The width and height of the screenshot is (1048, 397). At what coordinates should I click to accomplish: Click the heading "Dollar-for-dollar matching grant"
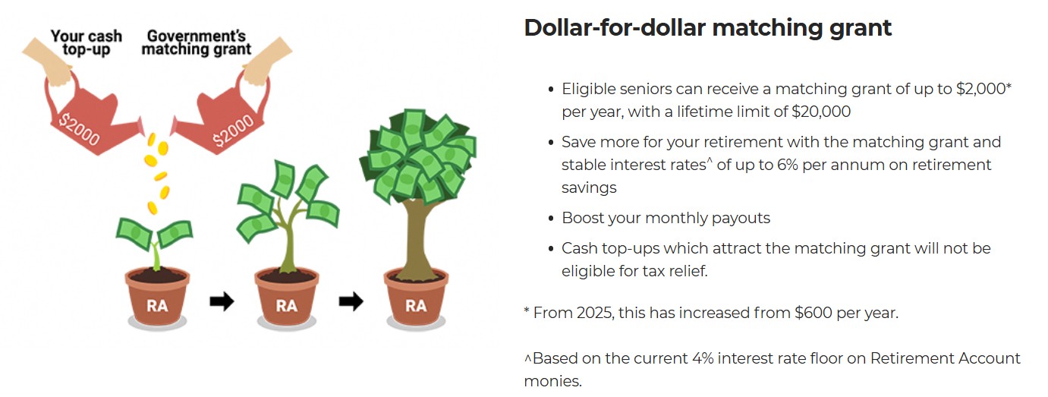[707, 28]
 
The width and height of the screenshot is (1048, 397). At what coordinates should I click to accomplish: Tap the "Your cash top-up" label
[87, 43]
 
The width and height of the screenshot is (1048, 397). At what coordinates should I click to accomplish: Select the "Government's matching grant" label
[197, 43]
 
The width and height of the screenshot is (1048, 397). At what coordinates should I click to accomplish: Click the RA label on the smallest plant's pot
[157, 306]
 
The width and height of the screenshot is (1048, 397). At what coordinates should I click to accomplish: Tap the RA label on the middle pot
[286, 306]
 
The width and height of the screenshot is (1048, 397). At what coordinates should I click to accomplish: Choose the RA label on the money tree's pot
[416, 306]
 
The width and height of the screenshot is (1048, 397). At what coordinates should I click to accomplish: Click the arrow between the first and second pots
[222, 301]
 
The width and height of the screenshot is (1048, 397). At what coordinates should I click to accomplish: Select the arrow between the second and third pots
[351, 301]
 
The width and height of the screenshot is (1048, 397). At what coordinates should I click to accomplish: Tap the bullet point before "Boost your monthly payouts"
[551, 219]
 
